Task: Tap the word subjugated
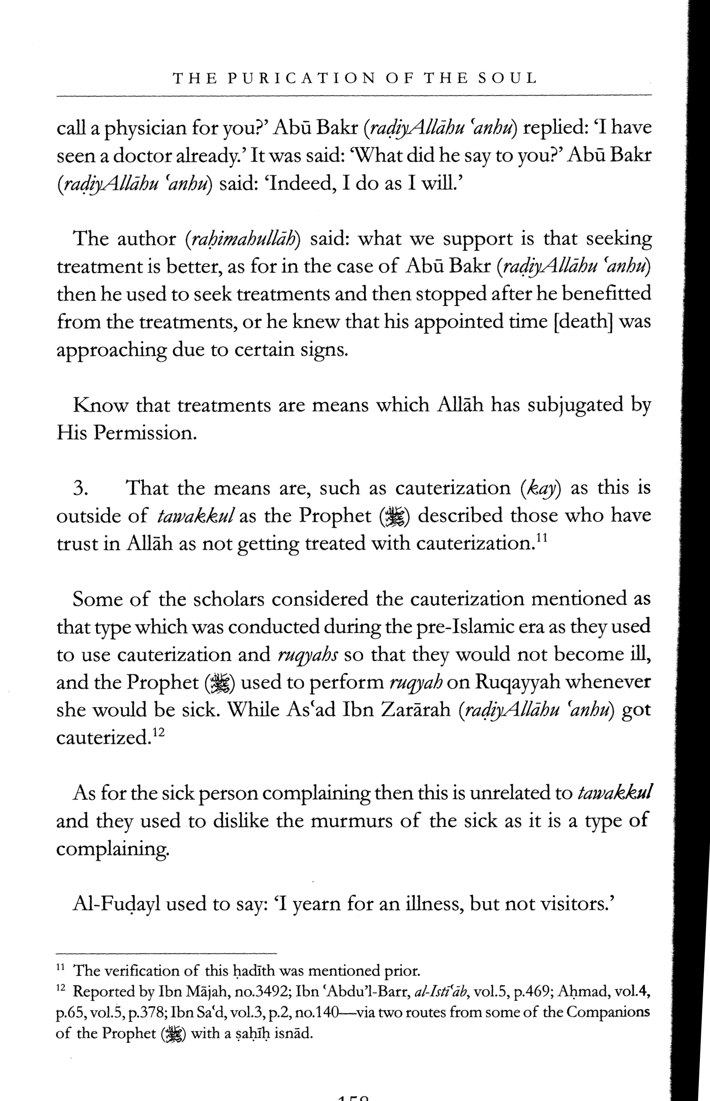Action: (x=575, y=406)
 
